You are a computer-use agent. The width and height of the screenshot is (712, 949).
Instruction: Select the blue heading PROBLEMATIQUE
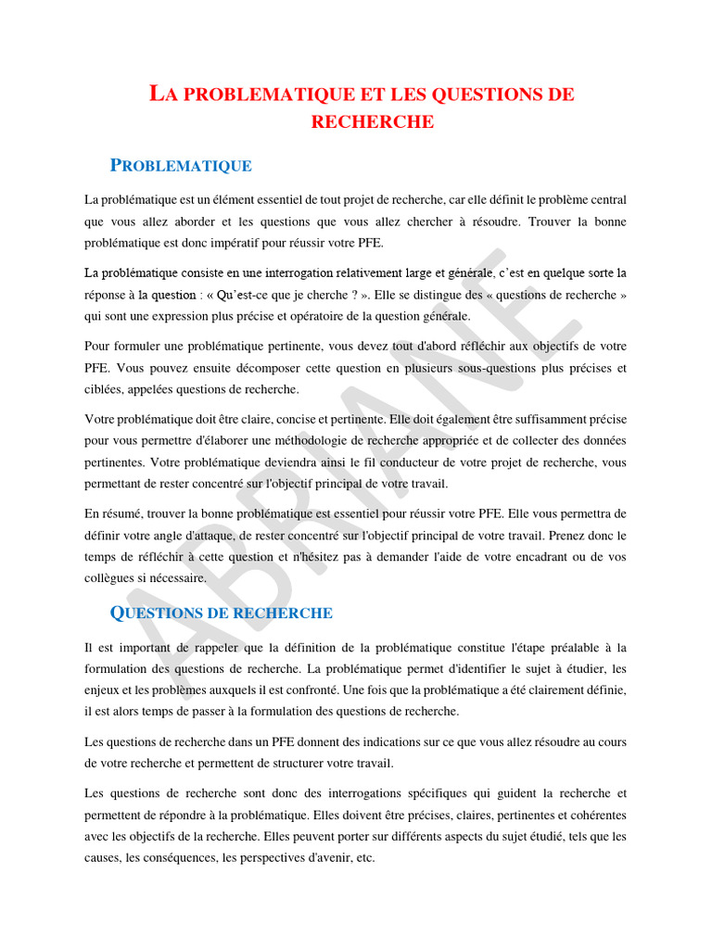coord(181,166)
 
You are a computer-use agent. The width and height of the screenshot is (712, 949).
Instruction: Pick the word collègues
coord(111,578)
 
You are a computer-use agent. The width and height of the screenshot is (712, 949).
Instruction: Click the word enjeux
coord(102,690)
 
